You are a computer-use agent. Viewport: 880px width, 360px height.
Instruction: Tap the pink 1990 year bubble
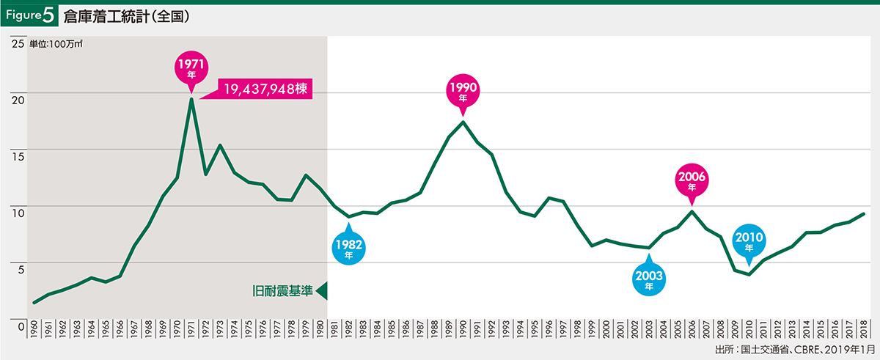[x=463, y=91]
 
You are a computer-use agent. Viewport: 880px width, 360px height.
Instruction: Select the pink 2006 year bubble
[x=692, y=181]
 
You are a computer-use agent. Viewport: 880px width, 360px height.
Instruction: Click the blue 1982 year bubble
[x=349, y=245]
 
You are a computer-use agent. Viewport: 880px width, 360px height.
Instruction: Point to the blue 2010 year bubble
[x=748, y=241]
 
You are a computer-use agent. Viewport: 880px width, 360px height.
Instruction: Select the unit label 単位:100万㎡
[x=56, y=44]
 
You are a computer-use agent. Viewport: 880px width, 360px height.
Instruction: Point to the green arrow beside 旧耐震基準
[x=321, y=291]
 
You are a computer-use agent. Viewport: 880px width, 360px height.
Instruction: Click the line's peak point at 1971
[x=191, y=99]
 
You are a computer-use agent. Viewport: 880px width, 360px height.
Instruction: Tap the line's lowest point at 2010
[x=749, y=274]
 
